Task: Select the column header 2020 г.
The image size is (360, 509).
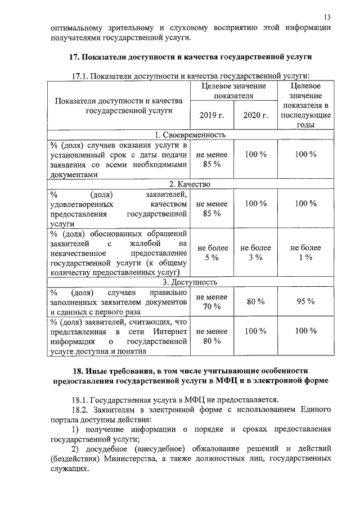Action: click(255, 115)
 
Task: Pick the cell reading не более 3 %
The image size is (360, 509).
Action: click(255, 253)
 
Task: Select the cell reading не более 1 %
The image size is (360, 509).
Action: click(305, 253)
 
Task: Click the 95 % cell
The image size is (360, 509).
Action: click(305, 301)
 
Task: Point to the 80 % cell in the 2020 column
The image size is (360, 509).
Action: click(255, 301)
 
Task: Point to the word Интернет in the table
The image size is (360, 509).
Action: click(170, 331)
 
